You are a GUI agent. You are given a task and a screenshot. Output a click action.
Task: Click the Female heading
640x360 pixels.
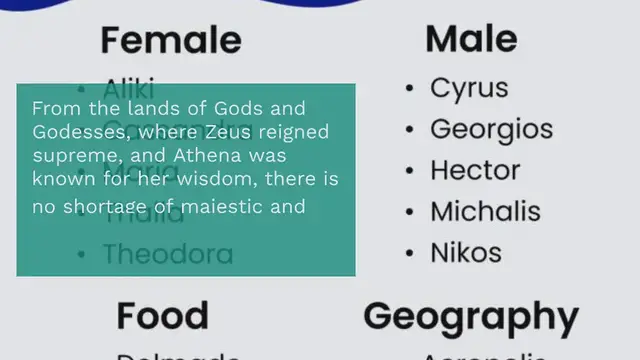point(171,41)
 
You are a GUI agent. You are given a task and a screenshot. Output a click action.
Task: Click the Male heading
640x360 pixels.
point(471,39)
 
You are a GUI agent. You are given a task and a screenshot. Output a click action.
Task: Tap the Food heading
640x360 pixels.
point(163,315)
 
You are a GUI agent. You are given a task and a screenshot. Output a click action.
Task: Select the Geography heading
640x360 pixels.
point(471,316)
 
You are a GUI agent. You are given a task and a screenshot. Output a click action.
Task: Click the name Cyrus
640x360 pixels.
point(469,88)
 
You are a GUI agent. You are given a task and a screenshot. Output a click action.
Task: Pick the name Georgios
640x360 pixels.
point(491,130)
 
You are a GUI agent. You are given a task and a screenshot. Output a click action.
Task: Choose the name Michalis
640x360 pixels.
point(485,211)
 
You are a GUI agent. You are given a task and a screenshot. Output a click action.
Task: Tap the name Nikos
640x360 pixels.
point(465,252)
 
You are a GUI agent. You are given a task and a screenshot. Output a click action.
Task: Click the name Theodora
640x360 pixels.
point(168,253)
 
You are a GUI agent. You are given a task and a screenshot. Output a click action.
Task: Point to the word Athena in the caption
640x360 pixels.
point(203,156)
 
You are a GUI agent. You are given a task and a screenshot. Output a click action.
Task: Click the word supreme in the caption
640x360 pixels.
point(68,156)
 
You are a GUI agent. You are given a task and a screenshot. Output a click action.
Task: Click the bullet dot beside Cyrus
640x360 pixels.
point(410,89)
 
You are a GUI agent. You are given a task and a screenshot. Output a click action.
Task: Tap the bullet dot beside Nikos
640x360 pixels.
point(410,253)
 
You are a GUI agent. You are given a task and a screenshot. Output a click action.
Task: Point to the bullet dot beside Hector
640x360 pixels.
point(410,171)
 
